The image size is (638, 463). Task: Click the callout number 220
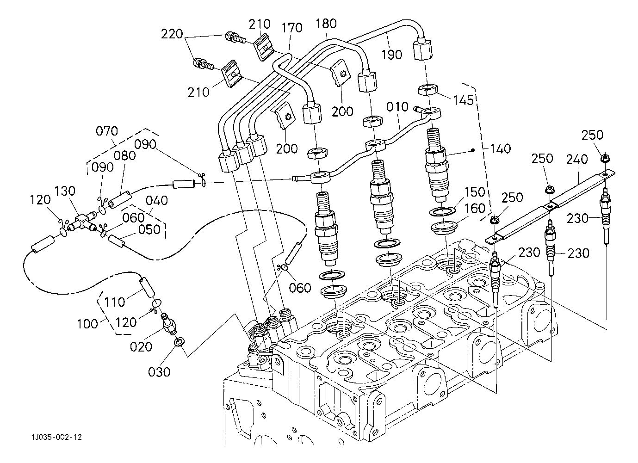(173, 34)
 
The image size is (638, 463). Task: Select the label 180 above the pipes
(327, 23)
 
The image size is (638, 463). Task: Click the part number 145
(463, 99)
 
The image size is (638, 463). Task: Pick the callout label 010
(398, 107)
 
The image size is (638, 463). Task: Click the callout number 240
(576, 160)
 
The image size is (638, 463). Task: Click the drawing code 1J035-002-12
(57, 437)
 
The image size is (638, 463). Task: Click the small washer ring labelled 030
(179, 342)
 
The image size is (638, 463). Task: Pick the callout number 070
(107, 131)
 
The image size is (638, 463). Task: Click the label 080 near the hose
(124, 155)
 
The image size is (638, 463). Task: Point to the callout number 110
(114, 302)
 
